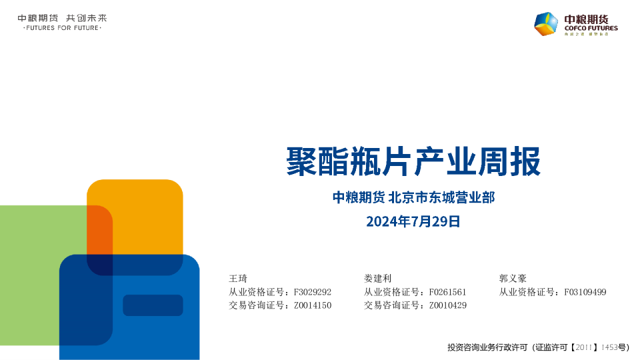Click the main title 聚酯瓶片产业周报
413,161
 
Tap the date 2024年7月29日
413,221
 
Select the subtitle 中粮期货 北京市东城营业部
413,197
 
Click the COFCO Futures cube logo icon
546,24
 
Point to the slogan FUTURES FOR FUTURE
62,28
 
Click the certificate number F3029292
313,292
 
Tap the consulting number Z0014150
313,305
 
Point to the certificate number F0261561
448,292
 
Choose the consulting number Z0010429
448,305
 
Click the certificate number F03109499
585,292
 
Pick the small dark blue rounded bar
153,305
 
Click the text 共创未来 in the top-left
87,18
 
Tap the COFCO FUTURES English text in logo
591,28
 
